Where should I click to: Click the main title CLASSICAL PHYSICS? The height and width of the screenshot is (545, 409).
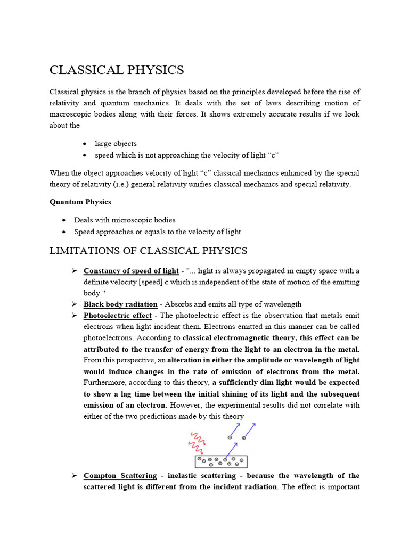click(x=117, y=70)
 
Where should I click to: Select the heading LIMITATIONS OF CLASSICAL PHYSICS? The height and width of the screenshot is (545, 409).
click(x=148, y=251)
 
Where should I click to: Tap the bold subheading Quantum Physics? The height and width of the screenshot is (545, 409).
click(x=80, y=202)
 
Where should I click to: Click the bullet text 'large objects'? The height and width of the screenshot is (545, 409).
click(x=116, y=143)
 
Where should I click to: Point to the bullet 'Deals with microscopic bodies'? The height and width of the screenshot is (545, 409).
click(x=125, y=220)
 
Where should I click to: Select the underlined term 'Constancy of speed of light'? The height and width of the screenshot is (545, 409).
click(x=131, y=271)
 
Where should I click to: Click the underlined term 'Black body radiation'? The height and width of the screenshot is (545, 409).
click(x=120, y=304)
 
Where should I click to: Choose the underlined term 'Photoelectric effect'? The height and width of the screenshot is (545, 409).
click(x=118, y=316)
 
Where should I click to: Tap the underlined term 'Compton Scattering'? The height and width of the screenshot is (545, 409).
click(x=120, y=475)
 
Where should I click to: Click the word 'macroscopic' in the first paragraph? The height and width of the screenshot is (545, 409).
click(x=71, y=114)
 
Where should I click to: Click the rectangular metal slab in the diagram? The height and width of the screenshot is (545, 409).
click(x=221, y=461)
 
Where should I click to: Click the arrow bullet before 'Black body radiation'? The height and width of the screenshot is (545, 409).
click(x=75, y=304)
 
